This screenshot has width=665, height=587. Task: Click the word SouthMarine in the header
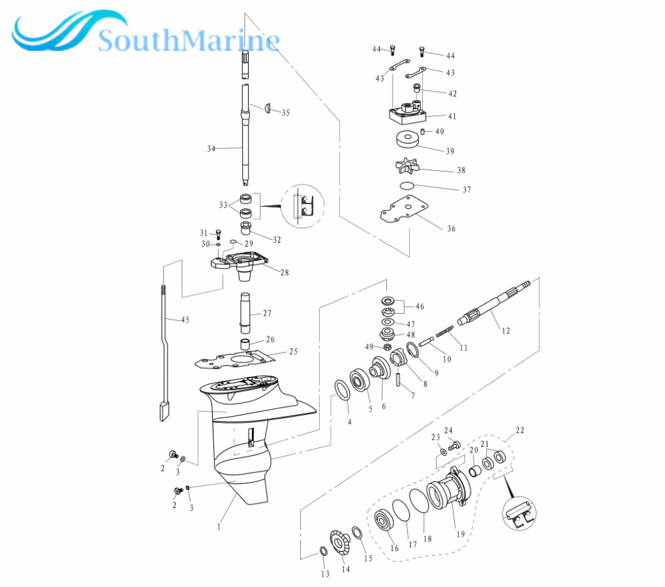(x=189, y=41)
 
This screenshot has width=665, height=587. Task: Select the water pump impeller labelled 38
(x=407, y=166)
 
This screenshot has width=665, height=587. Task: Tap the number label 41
(x=452, y=116)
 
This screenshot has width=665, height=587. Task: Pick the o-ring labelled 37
(x=407, y=185)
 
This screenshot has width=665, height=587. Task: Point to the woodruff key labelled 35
(x=267, y=108)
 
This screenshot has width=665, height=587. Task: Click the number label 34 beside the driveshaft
(x=211, y=148)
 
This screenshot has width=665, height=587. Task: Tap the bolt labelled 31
(x=218, y=234)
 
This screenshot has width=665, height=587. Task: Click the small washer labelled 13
(x=323, y=551)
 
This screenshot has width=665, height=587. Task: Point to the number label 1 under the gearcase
(x=219, y=527)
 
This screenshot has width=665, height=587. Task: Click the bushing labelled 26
(x=246, y=344)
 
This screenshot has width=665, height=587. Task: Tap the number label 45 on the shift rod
(x=185, y=320)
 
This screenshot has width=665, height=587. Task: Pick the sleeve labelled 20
(x=475, y=471)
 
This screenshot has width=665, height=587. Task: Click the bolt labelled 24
(x=454, y=445)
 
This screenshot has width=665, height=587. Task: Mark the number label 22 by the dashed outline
(x=519, y=430)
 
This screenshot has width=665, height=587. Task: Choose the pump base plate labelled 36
(x=404, y=209)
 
